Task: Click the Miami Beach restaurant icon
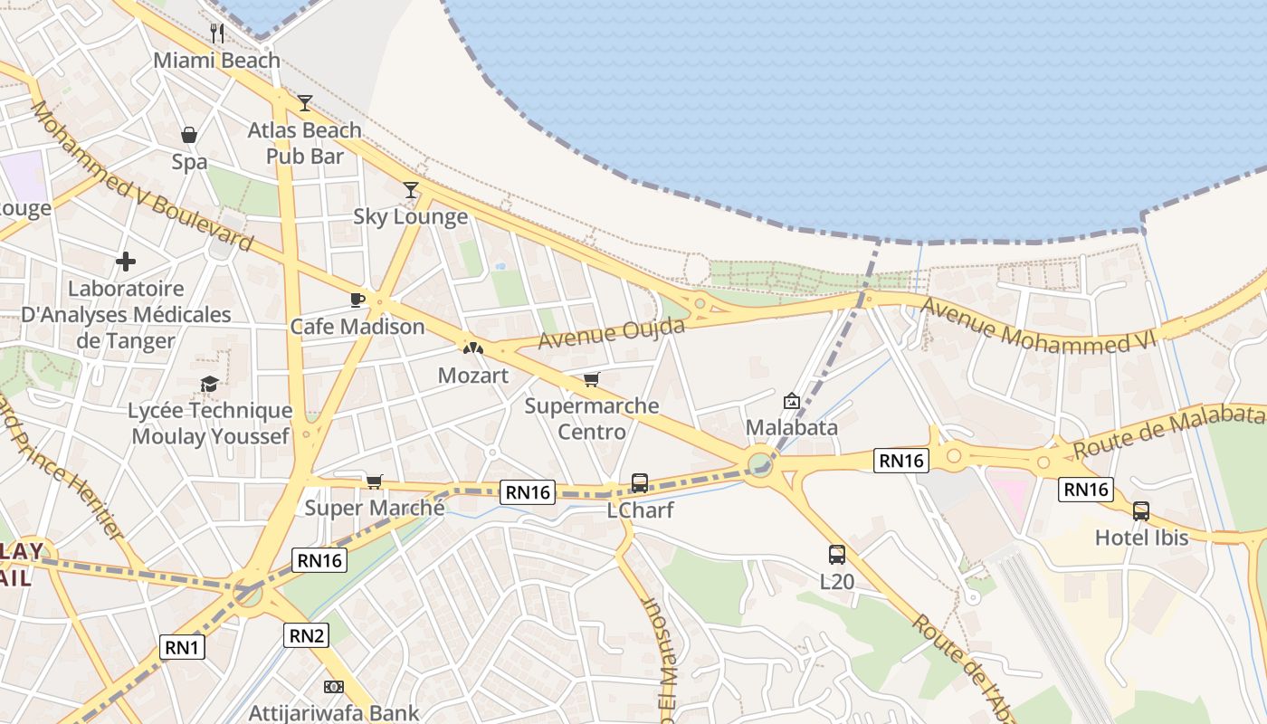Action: tap(217, 33)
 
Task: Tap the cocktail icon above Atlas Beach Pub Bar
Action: tap(305, 102)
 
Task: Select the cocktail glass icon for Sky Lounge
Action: tap(411, 189)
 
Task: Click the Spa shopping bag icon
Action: tap(189, 135)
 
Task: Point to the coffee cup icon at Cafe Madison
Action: tap(357, 300)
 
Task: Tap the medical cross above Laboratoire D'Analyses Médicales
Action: tap(126, 262)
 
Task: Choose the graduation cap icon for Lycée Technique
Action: tap(210, 384)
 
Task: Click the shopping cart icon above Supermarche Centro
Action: tap(592, 378)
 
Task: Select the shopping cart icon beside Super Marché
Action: tap(374, 481)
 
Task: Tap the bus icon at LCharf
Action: tap(640, 483)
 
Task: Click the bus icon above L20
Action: tap(837, 555)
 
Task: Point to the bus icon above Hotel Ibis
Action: tap(1141, 510)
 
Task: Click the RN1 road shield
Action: tap(183, 647)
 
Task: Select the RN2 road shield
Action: tap(306, 635)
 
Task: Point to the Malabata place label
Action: tap(792, 427)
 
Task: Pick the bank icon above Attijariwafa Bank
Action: tap(334, 687)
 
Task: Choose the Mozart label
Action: tap(472, 375)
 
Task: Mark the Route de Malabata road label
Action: tap(1167, 431)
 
